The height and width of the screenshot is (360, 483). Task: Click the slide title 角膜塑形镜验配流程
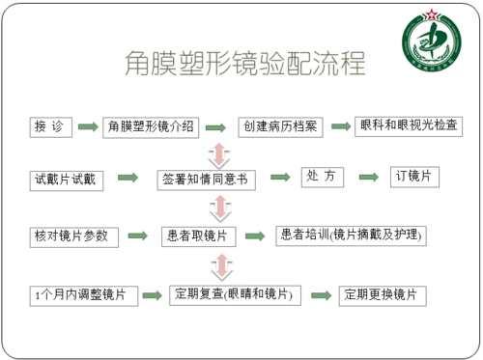[x=245, y=63]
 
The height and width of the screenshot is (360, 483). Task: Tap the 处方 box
[x=324, y=177]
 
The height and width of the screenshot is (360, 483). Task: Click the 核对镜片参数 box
[x=73, y=235]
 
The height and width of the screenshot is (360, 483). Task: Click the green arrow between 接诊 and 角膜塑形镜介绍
[x=88, y=127]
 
